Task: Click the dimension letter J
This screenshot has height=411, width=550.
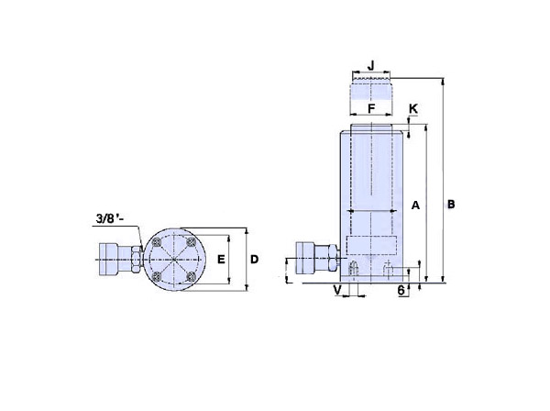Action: point(370,65)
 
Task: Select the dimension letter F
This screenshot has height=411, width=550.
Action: point(371,109)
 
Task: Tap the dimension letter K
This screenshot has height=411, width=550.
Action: point(413,109)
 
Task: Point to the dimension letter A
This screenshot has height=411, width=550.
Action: point(415,205)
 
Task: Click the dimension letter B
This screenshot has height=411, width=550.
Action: point(451,205)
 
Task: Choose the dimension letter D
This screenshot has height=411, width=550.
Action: point(254,260)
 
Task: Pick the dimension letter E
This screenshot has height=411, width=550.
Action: point(221,260)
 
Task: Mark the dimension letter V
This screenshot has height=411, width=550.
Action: point(337,290)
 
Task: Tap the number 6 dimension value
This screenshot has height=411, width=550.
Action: point(401,290)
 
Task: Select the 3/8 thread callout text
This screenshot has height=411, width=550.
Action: point(110,218)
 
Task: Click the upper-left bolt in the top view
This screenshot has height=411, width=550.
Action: point(157,242)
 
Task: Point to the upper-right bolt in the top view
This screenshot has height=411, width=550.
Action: point(191,242)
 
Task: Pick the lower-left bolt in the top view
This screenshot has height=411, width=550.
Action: point(157,276)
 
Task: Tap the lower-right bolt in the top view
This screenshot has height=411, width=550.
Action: point(191,276)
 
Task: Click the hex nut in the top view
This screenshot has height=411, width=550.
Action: point(136,260)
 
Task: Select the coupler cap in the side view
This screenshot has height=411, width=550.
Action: point(305,258)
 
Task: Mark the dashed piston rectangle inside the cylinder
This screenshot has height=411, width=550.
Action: point(371,245)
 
